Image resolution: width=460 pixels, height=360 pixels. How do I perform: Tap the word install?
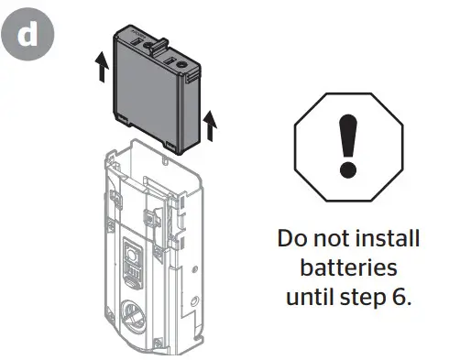388,240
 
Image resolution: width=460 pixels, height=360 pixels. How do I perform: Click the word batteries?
347,270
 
